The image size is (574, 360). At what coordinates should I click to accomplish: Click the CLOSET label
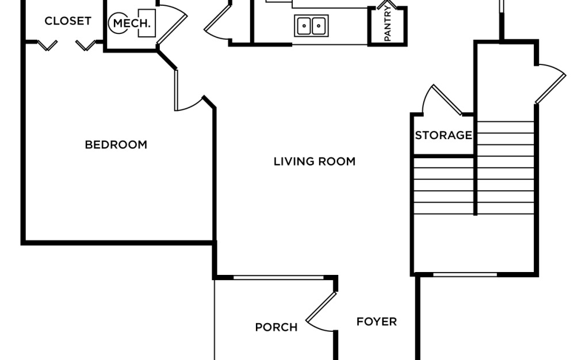pyautogui.click(x=68, y=21)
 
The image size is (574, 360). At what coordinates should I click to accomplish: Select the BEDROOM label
pyautogui.click(x=116, y=145)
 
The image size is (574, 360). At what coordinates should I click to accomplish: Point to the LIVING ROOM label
pyautogui.click(x=314, y=162)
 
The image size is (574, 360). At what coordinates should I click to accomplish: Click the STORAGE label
pyautogui.click(x=443, y=136)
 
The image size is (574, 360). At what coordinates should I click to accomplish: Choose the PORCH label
pyautogui.click(x=276, y=327)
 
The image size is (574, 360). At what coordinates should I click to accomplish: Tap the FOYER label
pyautogui.click(x=376, y=321)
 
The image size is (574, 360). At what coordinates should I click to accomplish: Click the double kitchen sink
pyautogui.click(x=311, y=25)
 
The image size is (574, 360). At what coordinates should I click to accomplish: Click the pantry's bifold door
pyautogui.click(x=387, y=7)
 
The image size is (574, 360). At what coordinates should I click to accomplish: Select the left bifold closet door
pyautogui.click(x=47, y=45)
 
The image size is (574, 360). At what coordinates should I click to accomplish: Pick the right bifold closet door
pyautogui.click(x=86, y=45)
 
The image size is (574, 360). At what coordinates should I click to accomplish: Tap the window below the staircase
pyautogui.click(x=464, y=274)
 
